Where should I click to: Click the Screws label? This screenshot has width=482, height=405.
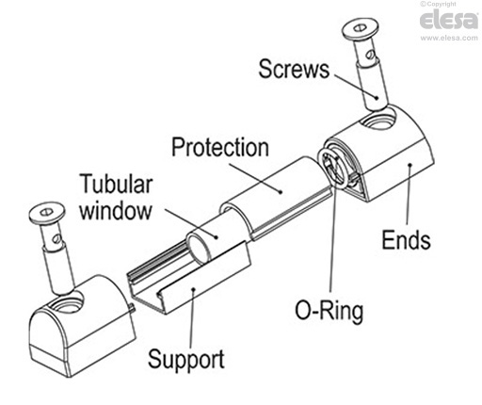point(294,69)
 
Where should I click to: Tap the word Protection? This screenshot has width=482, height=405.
point(220,147)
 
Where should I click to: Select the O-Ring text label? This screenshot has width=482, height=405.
point(329,311)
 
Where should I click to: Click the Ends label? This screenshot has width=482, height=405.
point(406,240)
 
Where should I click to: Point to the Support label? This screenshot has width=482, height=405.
point(186,360)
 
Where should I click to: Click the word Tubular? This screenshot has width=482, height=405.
point(117,184)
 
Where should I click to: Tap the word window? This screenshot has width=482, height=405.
point(116,209)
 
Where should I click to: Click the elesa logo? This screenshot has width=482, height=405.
point(449,21)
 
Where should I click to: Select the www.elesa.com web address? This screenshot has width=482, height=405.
point(449,38)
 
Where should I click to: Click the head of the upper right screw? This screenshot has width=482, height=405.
point(361,30)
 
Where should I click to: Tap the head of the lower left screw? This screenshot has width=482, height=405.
point(47,213)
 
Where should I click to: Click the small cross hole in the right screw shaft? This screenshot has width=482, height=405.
point(371,55)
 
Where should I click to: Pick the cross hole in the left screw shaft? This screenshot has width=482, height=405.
point(56,239)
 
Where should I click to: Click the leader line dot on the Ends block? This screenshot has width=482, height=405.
point(410,164)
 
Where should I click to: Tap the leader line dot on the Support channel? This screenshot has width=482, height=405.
point(193,287)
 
